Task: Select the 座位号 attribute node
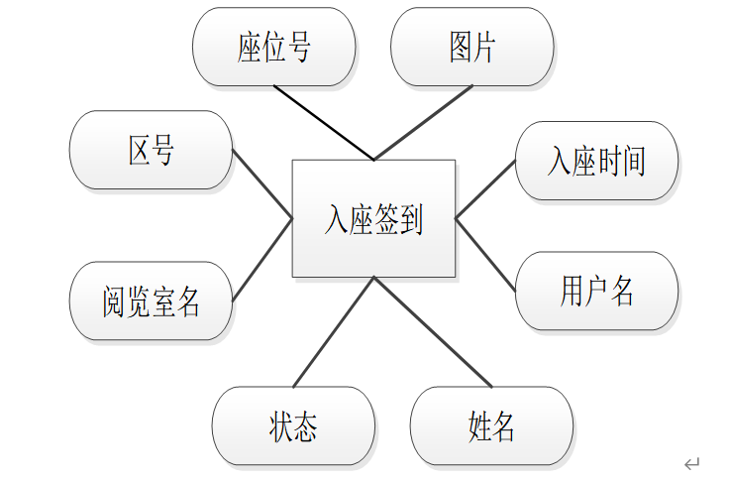(x=274, y=47)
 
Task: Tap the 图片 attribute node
(x=471, y=47)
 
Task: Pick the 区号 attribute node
(x=151, y=150)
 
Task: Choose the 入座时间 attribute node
(x=596, y=161)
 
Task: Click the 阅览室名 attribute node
(x=151, y=301)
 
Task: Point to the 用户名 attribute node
(x=596, y=291)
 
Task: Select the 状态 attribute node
(x=293, y=425)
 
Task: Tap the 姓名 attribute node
(x=491, y=425)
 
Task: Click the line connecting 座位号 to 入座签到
(x=324, y=123)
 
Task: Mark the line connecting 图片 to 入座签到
(x=424, y=123)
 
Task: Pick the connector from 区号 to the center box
(x=262, y=184)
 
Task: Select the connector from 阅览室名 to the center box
(x=262, y=260)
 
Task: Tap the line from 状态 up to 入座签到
(x=334, y=332)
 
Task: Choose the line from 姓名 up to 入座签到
(x=433, y=332)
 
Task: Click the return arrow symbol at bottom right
(x=691, y=463)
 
